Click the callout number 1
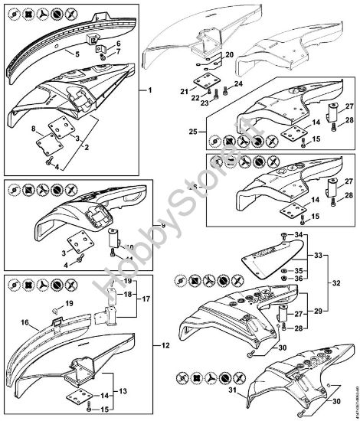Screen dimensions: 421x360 pos(151,91)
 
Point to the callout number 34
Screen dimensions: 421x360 pos(299,233)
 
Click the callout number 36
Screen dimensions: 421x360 pos(299,279)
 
